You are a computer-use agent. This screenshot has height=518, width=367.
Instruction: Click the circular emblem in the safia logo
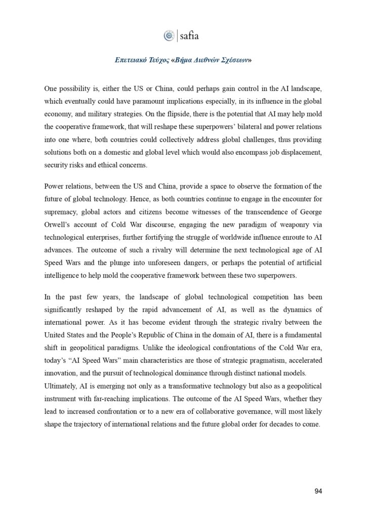coord(169,36)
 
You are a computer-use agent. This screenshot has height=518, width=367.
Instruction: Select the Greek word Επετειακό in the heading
coord(130,60)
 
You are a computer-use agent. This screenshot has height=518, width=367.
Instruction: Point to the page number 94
coord(318,491)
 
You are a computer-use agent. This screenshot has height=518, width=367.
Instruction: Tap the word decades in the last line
coord(281,424)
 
